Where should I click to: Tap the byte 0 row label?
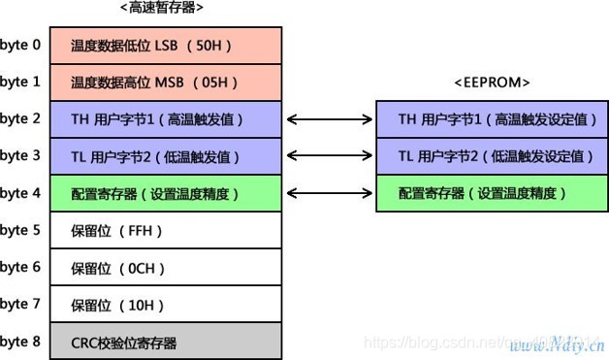point(20,46)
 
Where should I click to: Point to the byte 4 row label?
point(20,193)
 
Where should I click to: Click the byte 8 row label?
point(20,342)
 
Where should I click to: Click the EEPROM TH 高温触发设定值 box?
point(493,119)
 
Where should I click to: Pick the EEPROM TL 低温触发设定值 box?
point(493,156)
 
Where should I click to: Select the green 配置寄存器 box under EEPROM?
point(493,193)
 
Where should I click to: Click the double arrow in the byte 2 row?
point(330,119)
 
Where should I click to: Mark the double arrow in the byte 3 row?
point(330,156)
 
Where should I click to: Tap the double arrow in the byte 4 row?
point(330,193)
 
